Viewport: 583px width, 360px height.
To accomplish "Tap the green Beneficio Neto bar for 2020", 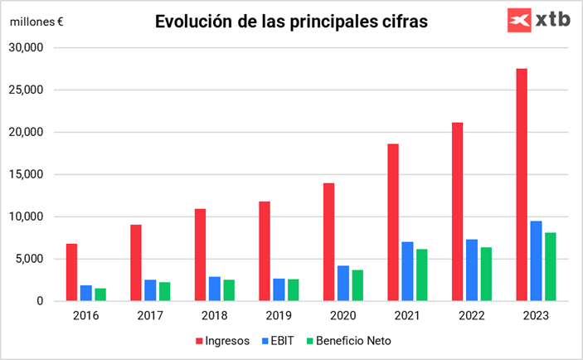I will (357, 285).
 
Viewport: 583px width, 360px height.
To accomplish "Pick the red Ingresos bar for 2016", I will (72, 272).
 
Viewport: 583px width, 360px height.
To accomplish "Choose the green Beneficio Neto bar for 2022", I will (485, 274).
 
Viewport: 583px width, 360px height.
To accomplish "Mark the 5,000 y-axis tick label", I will (28, 259).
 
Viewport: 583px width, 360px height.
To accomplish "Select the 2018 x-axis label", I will (215, 316).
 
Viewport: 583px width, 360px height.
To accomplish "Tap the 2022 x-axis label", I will (472, 316).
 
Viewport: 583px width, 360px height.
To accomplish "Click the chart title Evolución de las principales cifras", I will (291, 22).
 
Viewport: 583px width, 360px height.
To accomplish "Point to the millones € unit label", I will (37, 22).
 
